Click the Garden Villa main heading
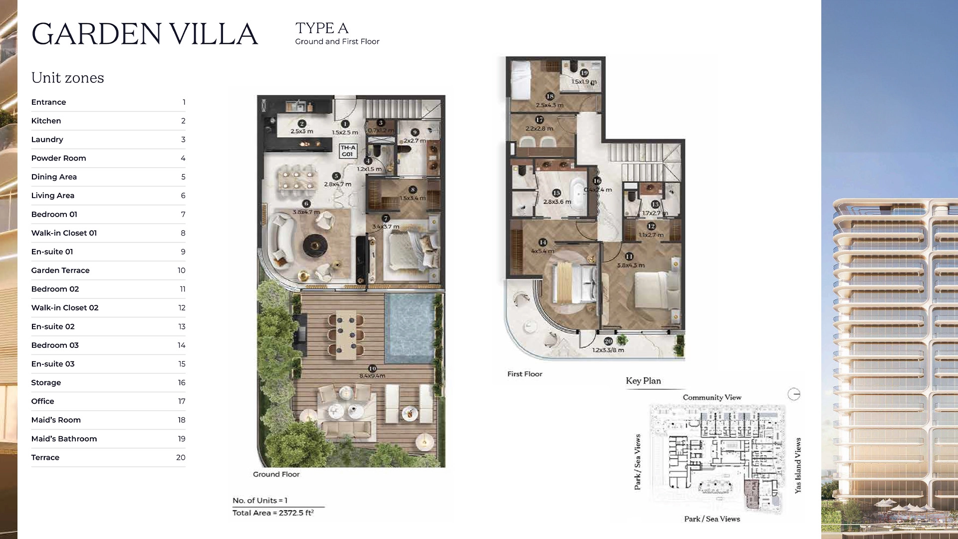145,34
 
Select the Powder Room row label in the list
58,158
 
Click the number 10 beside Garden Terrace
181,270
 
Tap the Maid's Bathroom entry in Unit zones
64,439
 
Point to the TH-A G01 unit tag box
348,151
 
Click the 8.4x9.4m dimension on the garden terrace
372,376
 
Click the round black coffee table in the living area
315,245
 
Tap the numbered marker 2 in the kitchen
302,124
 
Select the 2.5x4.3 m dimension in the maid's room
549,105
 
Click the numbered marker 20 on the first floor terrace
608,341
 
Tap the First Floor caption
524,374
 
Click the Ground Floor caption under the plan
276,474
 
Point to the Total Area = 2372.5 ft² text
273,513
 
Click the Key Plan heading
643,381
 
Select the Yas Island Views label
798,465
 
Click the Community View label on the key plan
712,397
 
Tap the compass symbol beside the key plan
794,394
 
